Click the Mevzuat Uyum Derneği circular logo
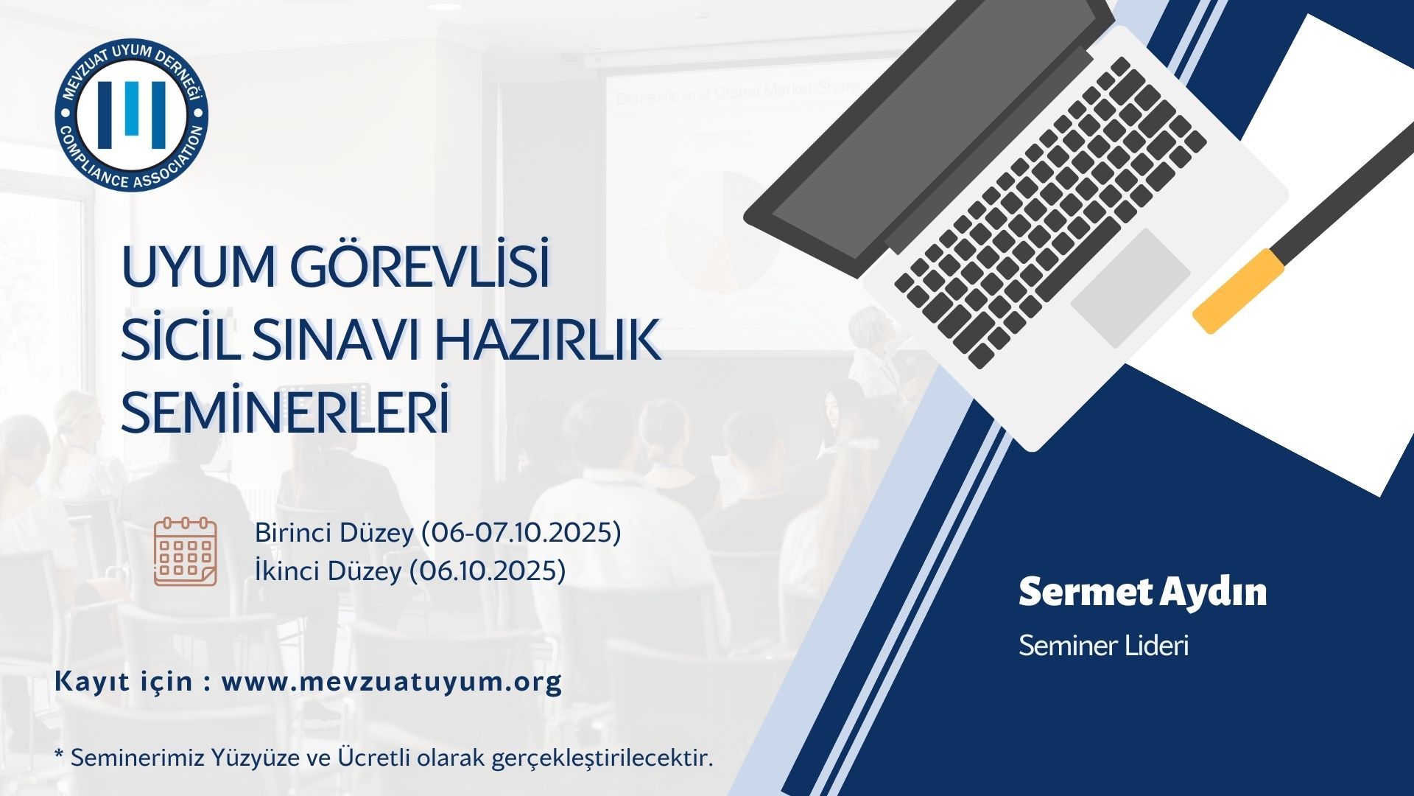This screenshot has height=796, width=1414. pyautogui.click(x=132, y=114)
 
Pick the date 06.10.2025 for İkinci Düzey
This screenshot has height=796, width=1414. pyautogui.click(x=488, y=570)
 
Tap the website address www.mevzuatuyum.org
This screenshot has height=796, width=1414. pyautogui.click(x=391, y=681)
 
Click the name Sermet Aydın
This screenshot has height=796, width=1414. pyautogui.click(x=1142, y=593)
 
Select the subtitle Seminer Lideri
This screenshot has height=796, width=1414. pyautogui.click(x=1103, y=646)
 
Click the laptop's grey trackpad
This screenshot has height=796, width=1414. pyautogui.click(x=1130, y=287)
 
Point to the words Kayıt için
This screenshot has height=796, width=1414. pyautogui.click(x=123, y=681)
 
